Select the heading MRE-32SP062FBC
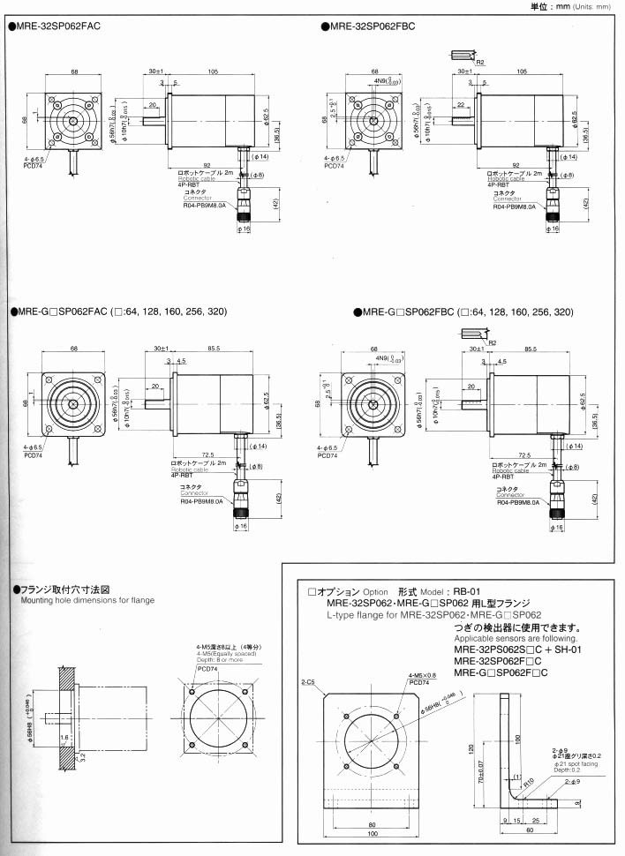click(x=371, y=26)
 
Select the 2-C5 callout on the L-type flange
click(x=309, y=682)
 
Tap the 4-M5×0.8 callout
click(x=422, y=675)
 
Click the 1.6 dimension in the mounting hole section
click(x=64, y=734)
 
